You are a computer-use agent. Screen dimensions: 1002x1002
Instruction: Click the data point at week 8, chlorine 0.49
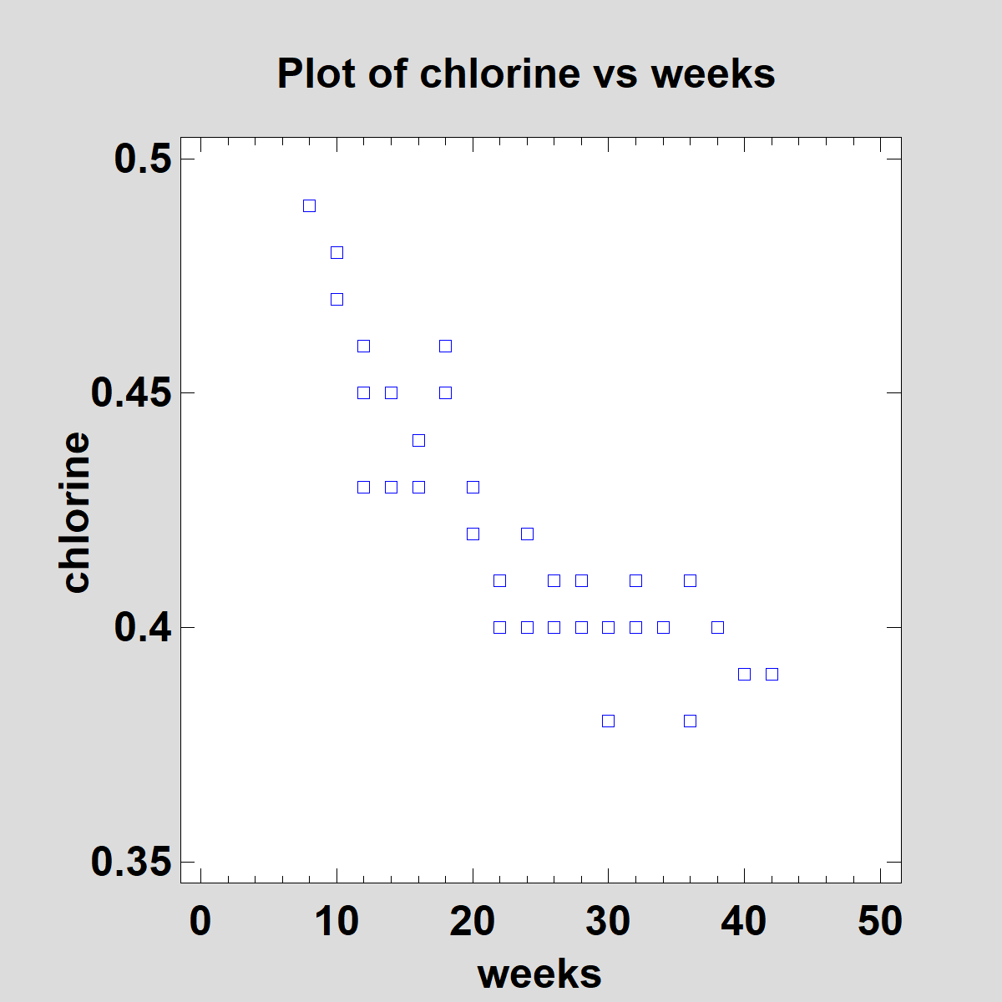(x=309, y=205)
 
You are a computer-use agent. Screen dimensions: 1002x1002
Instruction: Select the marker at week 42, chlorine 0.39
(x=772, y=674)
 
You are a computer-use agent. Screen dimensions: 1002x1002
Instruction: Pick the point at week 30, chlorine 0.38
(x=608, y=721)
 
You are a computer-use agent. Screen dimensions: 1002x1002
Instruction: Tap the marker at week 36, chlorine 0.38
(x=690, y=721)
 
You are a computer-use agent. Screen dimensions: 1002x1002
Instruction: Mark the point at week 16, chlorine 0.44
(x=418, y=440)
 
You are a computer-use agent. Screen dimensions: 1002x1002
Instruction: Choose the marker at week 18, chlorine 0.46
(x=445, y=346)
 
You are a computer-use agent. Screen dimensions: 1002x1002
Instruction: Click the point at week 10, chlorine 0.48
(x=337, y=252)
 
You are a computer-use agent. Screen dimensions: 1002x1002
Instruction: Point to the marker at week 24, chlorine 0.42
(x=527, y=534)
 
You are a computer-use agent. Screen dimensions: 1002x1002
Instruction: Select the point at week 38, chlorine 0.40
(x=717, y=627)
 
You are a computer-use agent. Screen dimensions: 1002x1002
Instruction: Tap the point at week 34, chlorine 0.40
(x=663, y=627)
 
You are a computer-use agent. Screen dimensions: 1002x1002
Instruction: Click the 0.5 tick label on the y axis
(x=142, y=159)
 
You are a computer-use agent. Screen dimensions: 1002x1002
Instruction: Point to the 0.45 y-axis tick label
(x=130, y=392)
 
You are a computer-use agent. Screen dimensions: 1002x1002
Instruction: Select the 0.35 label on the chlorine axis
(x=130, y=861)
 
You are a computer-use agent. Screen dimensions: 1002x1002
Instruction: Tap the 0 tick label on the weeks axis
(x=200, y=921)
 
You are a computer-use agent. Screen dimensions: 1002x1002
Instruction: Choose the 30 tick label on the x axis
(x=608, y=921)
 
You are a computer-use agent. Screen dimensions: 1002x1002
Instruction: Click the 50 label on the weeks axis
(x=880, y=921)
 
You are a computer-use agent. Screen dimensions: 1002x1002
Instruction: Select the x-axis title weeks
(x=539, y=974)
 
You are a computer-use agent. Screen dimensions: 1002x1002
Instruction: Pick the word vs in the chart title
(x=615, y=73)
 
